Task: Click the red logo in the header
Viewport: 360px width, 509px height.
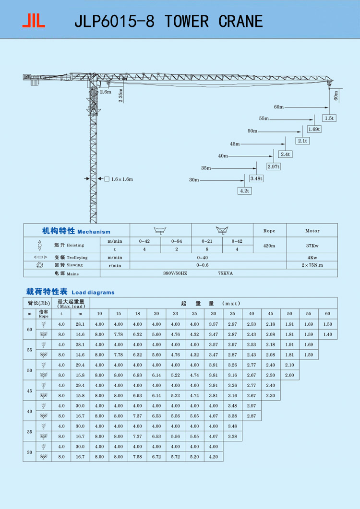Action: (x=34, y=20)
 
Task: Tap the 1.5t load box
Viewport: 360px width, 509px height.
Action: (x=329, y=118)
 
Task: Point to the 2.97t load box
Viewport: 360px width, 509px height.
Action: (x=274, y=166)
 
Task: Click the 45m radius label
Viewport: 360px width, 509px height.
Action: (x=235, y=144)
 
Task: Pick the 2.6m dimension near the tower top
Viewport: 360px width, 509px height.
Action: (x=106, y=92)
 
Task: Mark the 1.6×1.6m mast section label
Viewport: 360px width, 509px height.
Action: (x=122, y=179)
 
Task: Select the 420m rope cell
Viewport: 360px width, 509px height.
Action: (x=269, y=246)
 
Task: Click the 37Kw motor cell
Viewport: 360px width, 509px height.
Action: (x=312, y=246)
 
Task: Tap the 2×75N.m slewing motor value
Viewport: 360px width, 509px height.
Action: (x=312, y=265)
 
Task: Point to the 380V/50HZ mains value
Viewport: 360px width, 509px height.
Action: (x=175, y=273)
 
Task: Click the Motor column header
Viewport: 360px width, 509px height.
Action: (x=312, y=231)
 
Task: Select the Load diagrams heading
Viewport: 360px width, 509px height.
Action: (x=93, y=292)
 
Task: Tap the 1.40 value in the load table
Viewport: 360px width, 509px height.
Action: (x=327, y=334)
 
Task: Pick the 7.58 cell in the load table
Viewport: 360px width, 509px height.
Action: (x=137, y=457)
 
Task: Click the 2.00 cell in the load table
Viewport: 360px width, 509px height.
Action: (x=289, y=375)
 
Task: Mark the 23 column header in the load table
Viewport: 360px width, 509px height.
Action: (x=175, y=314)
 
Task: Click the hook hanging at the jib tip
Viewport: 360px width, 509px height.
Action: (x=329, y=84)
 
